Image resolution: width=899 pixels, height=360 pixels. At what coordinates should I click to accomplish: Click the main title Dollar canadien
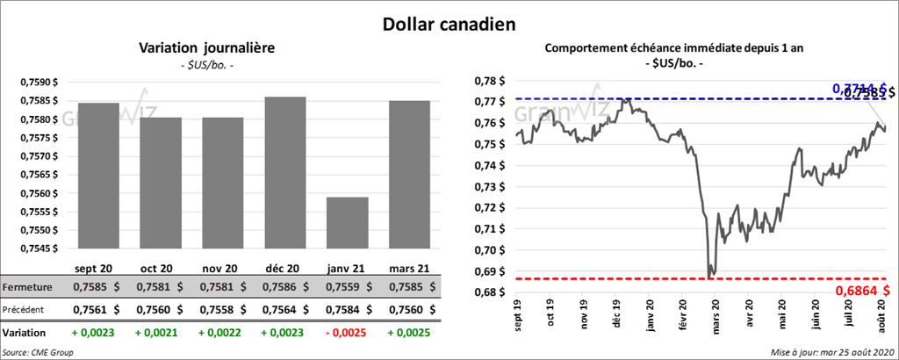coord(449,21)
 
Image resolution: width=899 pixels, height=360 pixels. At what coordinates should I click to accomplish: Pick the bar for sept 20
coord(97,176)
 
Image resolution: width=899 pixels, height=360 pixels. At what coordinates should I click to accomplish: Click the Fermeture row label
coord(27,287)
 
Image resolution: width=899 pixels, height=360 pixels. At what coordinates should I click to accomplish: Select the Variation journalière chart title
coord(207,48)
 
